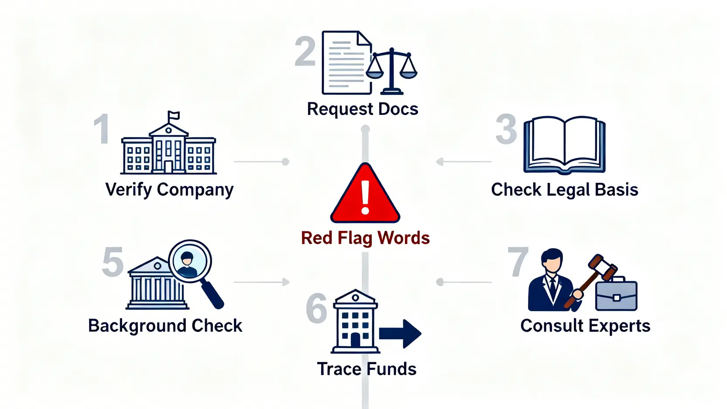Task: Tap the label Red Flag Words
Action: [365, 238]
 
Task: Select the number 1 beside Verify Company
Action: [102, 129]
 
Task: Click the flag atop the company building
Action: [174, 115]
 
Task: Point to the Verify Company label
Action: [169, 190]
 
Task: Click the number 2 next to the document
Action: [305, 52]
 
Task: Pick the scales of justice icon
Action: [391, 70]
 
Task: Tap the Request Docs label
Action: [362, 109]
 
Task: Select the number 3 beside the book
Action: [506, 129]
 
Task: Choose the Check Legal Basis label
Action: [564, 190]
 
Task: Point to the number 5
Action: [113, 262]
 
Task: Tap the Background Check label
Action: [165, 326]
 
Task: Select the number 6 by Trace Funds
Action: [316, 309]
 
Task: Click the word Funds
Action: [391, 369]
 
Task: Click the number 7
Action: [518, 262]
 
